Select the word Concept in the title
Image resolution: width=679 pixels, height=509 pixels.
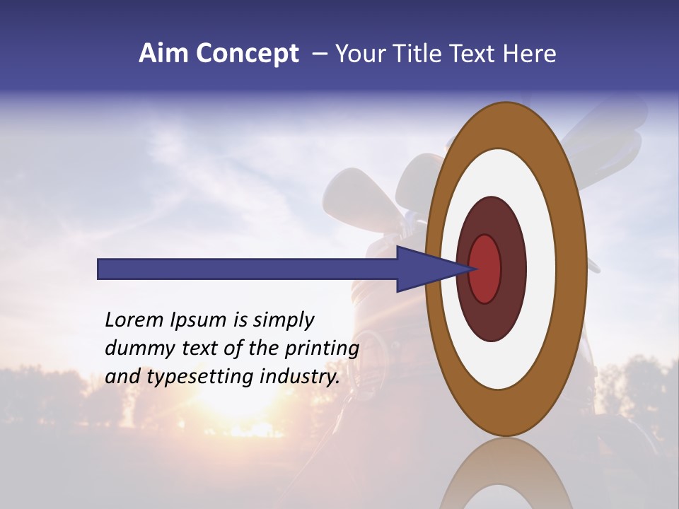coord(247,54)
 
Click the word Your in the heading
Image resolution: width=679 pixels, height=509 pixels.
coord(359,54)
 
